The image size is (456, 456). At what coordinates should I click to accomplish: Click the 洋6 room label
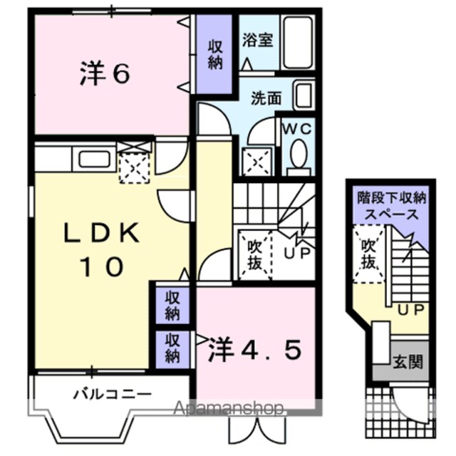105,74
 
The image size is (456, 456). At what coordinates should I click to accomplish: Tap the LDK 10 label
101,249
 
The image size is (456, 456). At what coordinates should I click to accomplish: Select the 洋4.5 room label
254,350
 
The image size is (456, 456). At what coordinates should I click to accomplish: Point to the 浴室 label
258,40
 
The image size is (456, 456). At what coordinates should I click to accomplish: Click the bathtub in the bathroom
299,43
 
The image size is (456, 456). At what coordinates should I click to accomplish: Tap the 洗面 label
266,98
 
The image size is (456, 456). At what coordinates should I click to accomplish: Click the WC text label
298,129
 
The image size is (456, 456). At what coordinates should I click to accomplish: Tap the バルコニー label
113,394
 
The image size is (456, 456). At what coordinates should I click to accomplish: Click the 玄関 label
408,362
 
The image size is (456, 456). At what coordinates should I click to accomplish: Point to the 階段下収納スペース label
391,206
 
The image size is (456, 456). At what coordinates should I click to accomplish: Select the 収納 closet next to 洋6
214,54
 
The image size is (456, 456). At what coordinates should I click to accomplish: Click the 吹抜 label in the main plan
255,256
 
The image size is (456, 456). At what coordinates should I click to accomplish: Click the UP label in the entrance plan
410,310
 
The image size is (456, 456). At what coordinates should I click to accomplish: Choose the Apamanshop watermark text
229,408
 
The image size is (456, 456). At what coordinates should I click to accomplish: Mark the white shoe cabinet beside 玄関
381,343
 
